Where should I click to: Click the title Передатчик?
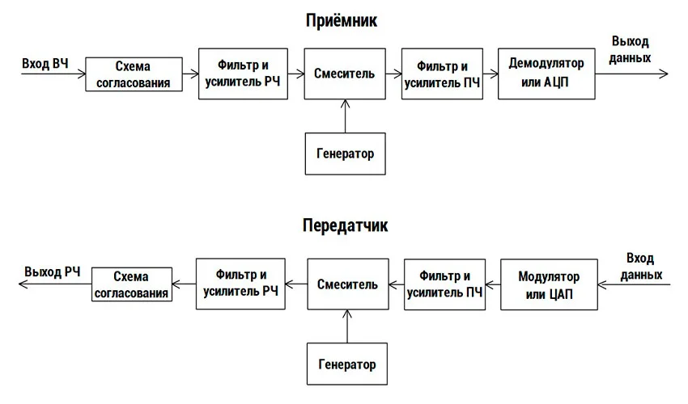346,225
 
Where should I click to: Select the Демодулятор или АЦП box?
546,74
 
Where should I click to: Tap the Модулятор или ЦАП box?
550,284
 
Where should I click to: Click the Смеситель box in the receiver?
345,74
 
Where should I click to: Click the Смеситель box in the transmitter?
347,284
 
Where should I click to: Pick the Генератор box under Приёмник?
345,153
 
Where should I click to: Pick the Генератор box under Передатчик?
346,364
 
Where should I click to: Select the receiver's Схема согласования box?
133,74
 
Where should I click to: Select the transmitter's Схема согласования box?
131,284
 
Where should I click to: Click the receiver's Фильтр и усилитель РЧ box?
243,74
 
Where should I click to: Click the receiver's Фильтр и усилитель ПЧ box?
443,74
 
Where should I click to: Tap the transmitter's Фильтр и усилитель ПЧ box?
444,284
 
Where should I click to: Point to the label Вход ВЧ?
45,64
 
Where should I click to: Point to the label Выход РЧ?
53,271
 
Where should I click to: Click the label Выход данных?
630,49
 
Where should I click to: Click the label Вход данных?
646,267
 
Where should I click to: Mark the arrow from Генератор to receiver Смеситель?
345,116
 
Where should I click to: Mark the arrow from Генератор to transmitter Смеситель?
346,326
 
